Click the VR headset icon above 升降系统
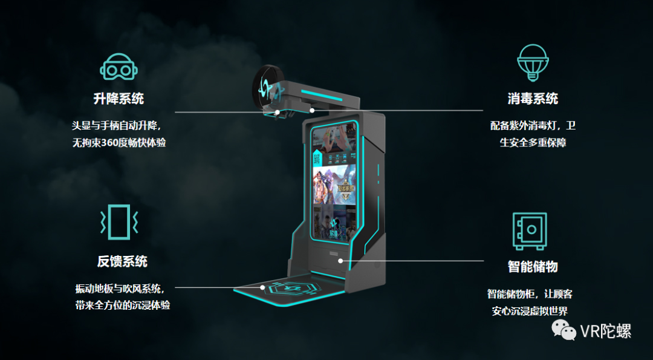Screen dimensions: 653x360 point(119,67)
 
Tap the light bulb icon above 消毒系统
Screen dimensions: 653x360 point(533,62)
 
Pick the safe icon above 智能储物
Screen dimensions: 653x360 point(530,231)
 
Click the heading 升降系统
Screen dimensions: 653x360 point(119,99)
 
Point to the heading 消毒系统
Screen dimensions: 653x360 point(533,99)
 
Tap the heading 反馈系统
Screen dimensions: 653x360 point(122,261)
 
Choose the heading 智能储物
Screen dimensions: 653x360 point(533,266)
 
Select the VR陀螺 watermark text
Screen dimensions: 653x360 point(606,331)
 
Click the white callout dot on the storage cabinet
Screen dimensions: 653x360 point(341,261)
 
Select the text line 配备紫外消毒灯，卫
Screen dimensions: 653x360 point(533,126)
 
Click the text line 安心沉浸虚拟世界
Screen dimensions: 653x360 point(530,312)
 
